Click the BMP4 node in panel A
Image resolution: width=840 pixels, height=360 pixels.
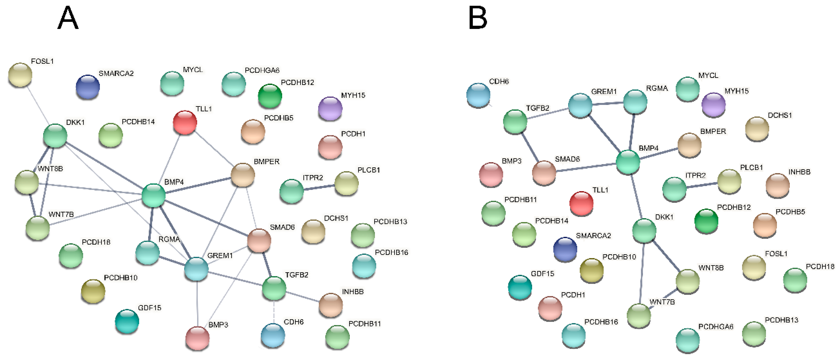pos(153,195)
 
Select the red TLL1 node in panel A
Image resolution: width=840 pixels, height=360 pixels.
pos(185,122)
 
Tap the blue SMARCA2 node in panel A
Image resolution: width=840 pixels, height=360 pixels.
pos(87,87)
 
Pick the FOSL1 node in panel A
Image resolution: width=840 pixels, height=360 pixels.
pos(20,75)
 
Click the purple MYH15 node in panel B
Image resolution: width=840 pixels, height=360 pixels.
pos(713,104)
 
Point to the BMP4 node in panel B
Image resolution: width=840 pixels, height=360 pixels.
pos(628,162)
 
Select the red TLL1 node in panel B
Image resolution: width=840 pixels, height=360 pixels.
pos(581,203)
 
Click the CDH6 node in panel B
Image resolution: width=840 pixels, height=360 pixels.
pos(478,95)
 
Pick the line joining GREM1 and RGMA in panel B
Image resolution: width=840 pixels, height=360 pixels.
pos(607,103)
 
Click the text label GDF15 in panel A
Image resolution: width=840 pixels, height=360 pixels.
pos(150,308)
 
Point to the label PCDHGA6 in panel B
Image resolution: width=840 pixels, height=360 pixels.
pos(716,327)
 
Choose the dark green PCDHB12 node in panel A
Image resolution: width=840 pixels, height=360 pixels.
pos(270,96)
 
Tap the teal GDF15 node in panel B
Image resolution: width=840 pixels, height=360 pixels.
pos(520,287)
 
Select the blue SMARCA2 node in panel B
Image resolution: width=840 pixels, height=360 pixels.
pos(565,249)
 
